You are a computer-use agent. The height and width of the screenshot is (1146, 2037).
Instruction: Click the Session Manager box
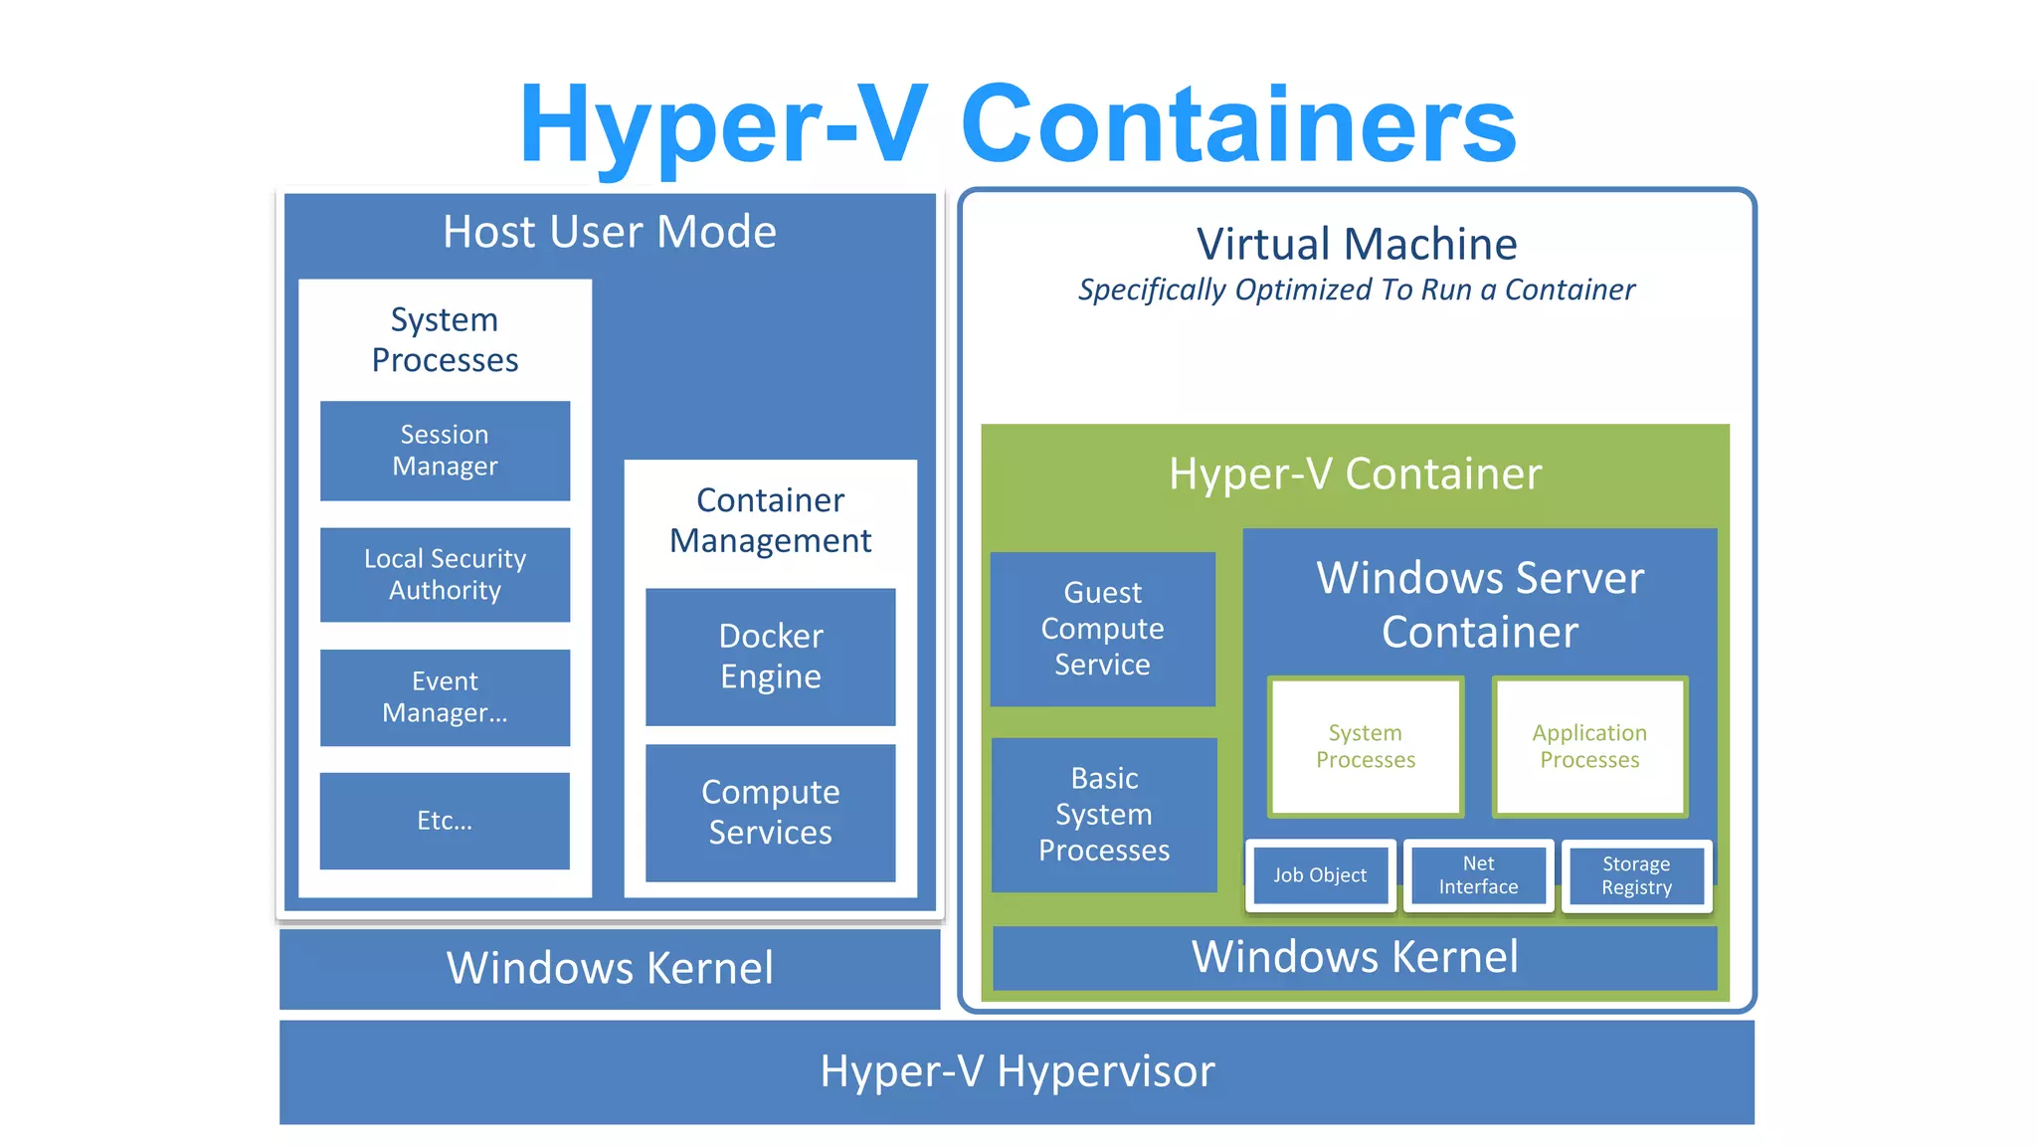point(445,451)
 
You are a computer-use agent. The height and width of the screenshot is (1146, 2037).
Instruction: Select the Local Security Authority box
point(445,574)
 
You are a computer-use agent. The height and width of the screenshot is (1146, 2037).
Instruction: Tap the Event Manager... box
point(445,697)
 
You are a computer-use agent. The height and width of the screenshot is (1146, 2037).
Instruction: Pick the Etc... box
point(445,821)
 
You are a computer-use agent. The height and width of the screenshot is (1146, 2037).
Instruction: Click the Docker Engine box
point(770,657)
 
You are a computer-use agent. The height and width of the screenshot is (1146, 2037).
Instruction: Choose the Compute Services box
point(770,812)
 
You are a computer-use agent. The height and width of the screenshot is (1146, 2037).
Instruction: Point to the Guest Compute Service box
point(1102,629)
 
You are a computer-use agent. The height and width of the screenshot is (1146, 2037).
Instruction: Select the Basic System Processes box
point(1104,814)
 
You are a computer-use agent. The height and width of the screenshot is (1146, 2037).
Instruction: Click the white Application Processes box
point(1589,746)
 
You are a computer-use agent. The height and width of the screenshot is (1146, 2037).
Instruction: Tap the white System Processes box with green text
point(1366,746)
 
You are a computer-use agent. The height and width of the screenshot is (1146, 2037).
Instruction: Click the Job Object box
point(1320,875)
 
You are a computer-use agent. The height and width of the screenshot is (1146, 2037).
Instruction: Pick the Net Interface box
point(1478,875)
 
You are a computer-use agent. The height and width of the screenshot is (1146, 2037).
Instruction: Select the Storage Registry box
point(1636,875)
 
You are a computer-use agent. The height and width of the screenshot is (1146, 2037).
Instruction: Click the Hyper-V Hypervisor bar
point(1017,1071)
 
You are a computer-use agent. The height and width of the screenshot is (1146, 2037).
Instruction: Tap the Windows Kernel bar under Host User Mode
point(610,968)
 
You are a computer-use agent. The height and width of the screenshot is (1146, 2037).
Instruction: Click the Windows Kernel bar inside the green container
point(1355,957)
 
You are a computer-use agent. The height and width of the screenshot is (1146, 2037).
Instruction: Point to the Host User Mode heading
point(610,232)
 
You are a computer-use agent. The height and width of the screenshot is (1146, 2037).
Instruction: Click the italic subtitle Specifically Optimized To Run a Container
point(1356,289)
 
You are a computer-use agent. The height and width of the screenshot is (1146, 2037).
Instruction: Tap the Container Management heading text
point(770,520)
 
